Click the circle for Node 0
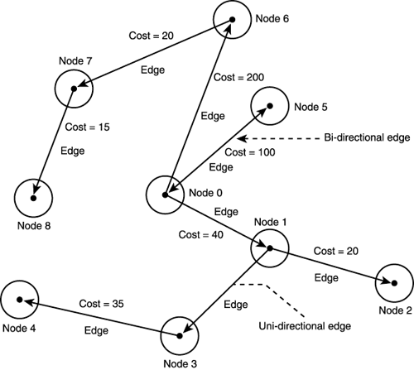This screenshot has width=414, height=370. tap(166, 195)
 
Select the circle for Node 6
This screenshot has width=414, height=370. tap(231, 20)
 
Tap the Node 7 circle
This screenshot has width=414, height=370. tap(74, 88)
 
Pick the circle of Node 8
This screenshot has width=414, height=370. tap(33, 198)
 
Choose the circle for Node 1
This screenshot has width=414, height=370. tap(267, 246)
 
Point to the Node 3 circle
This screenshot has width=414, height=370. tap(180, 335)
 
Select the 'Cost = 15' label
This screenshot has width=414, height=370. tap(86, 127)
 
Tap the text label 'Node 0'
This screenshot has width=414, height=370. tap(206, 194)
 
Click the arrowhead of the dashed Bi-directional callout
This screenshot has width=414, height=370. tap(253, 137)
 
